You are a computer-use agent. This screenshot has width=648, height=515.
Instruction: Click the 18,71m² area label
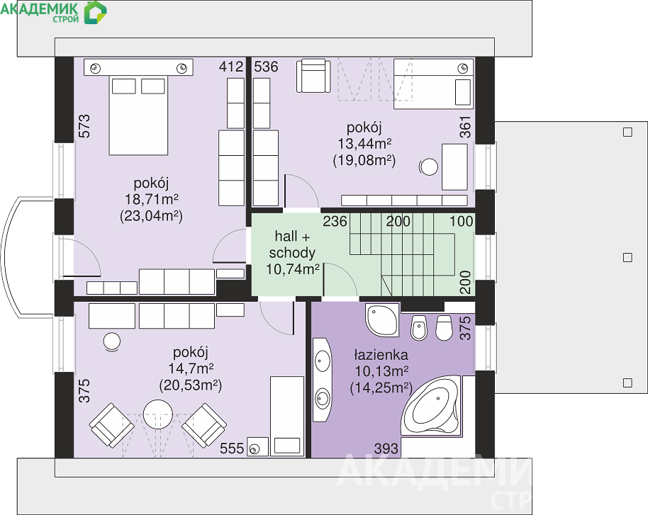(152, 199)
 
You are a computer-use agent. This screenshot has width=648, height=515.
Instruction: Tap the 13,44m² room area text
(364, 144)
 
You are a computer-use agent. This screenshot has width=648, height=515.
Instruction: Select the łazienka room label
(381, 355)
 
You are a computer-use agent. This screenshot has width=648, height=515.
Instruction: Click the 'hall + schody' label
(292, 244)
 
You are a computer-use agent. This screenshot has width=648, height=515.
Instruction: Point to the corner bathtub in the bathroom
(431, 404)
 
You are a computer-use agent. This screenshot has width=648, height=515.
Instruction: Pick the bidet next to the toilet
(419, 328)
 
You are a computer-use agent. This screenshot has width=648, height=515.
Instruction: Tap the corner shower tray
(382, 320)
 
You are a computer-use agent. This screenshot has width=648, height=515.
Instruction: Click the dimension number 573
(84, 126)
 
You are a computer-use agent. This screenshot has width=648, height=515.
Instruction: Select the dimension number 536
(266, 67)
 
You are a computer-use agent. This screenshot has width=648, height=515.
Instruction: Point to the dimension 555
(232, 448)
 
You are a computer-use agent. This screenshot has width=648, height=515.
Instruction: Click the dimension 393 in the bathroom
(386, 448)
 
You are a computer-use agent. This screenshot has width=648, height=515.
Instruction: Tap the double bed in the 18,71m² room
(138, 115)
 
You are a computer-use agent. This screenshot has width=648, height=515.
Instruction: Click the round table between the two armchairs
(158, 414)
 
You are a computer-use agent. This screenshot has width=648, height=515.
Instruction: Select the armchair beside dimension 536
(313, 76)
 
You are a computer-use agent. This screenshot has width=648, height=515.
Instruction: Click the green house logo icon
(96, 12)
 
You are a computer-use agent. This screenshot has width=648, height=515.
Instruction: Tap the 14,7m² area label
(191, 368)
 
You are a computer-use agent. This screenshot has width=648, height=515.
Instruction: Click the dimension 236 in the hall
(335, 221)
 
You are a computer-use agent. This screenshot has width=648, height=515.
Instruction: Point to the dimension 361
(465, 127)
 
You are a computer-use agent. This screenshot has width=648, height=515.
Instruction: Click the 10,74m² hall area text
(293, 269)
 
